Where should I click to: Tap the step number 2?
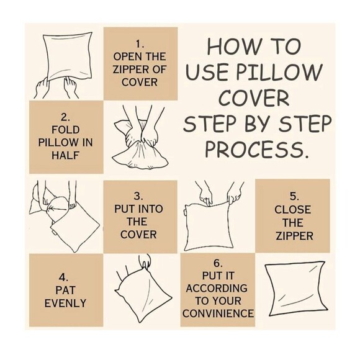pyautogui.click(x=65, y=117)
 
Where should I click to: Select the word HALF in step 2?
pyautogui.click(x=65, y=155)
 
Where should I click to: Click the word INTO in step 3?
pyautogui.click(x=151, y=209)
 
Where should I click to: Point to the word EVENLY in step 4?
pyautogui.click(x=65, y=304)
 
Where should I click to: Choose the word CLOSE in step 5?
pyautogui.click(x=293, y=210)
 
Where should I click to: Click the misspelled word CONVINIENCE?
pyautogui.click(x=218, y=313)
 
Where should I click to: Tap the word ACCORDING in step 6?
pyautogui.click(x=217, y=288)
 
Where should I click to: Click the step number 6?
pyautogui.click(x=218, y=263)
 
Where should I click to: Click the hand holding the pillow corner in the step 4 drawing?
pyautogui.click(x=145, y=261)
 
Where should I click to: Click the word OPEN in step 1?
pyautogui.click(x=125, y=56)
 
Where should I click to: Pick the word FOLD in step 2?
pyautogui.click(x=65, y=130)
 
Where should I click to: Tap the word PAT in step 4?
pyautogui.click(x=65, y=290)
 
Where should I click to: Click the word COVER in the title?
pyautogui.click(x=254, y=97)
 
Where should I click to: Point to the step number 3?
pyautogui.click(x=138, y=196)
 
